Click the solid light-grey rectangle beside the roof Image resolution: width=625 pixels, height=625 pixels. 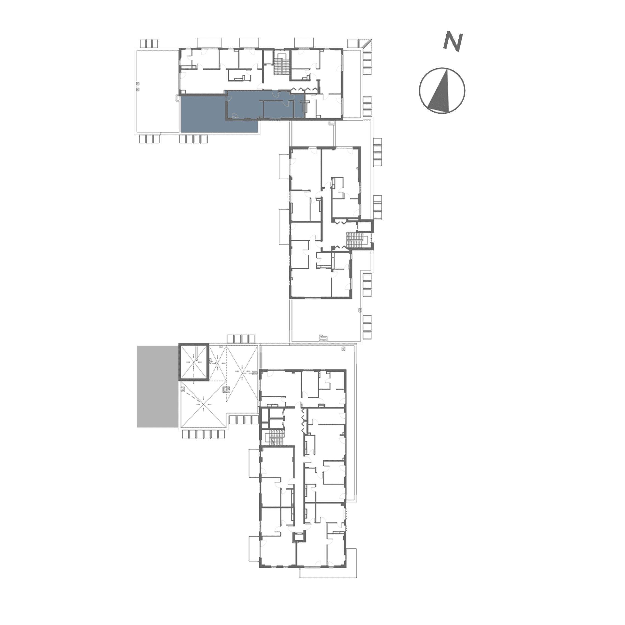click(x=157, y=386)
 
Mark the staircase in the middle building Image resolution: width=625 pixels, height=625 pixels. click(x=355, y=240)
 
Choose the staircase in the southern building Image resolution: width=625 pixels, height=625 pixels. click(x=276, y=437)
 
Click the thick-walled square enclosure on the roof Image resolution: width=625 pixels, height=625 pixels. click(x=193, y=362)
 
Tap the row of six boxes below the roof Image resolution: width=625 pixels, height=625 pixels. click(x=202, y=434)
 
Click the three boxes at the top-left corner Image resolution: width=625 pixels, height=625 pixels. click(x=149, y=43)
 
